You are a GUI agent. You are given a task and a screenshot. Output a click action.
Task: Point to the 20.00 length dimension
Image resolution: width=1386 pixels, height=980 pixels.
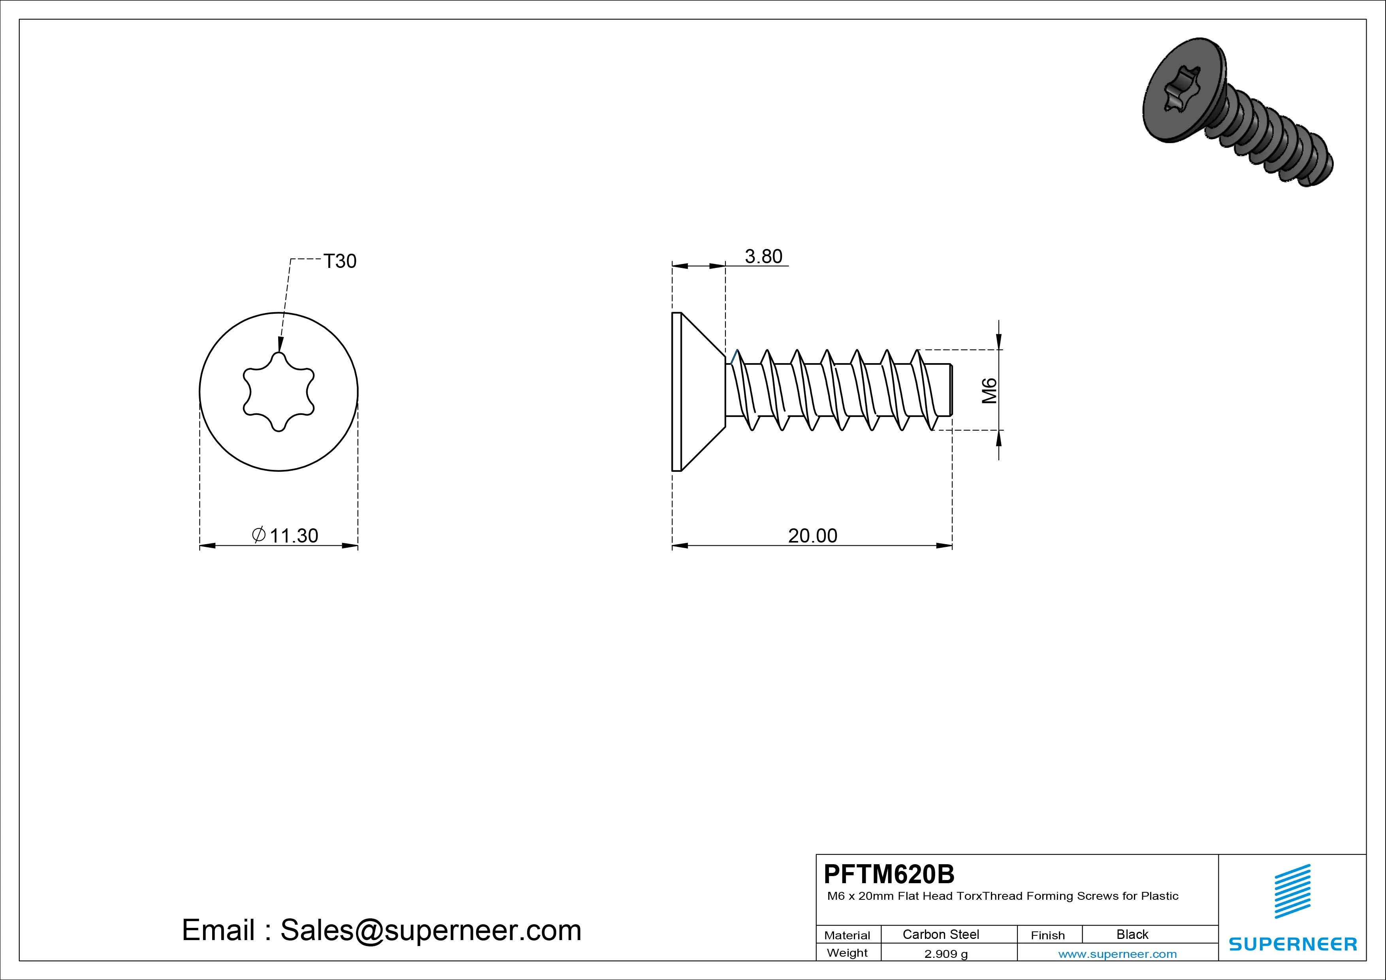click(813, 535)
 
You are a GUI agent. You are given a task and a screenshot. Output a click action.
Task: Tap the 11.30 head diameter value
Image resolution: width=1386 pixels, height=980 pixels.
click(294, 535)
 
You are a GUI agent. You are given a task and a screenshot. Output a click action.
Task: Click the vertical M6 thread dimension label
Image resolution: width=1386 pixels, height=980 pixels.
click(989, 391)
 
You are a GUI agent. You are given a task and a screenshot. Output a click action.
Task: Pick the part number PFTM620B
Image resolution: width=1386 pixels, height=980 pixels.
click(889, 874)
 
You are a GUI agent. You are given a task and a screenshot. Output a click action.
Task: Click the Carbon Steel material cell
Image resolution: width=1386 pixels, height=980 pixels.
click(940, 934)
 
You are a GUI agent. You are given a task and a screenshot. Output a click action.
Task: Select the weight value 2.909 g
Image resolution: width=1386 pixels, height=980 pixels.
click(946, 954)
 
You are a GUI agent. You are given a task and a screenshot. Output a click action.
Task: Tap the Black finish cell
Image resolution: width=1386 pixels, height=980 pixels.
click(1132, 934)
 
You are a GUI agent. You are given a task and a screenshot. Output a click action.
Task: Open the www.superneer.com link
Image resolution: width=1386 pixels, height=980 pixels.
click(1117, 954)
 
